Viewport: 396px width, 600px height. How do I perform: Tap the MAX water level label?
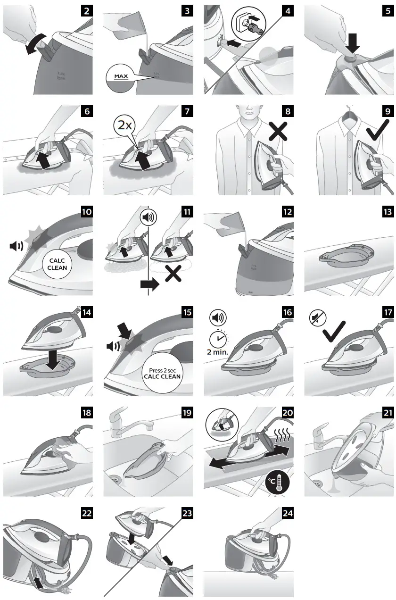pos(122,75)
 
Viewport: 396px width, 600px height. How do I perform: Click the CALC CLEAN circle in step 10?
pos(57,263)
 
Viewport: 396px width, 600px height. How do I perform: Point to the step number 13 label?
pos(388,212)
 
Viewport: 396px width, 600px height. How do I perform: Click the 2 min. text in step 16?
pos(218,352)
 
